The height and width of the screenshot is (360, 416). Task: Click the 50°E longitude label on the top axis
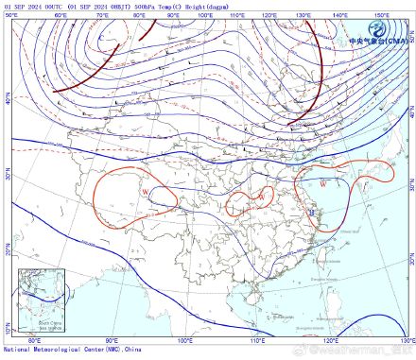pyautogui.click(x=10, y=16)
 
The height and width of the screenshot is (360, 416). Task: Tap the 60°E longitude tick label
pyautogui.click(x=60, y=16)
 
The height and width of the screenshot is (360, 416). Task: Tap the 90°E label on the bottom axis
pyautogui.click(x=112, y=339)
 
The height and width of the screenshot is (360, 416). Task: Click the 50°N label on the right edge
pyautogui.click(x=411, y=43)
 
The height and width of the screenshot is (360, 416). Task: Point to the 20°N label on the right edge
pyautogui.click(x=411, y=257)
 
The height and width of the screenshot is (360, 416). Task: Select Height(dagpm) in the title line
pyautogui.click(x=205, y=5)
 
